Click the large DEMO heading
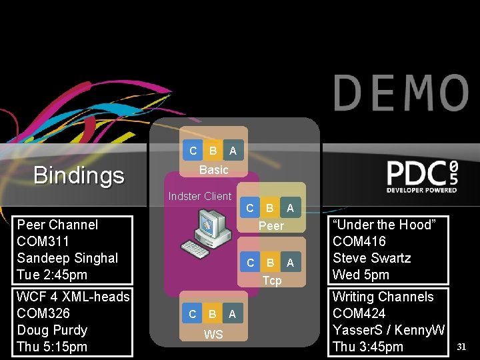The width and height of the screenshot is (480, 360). click(x=401, y=93)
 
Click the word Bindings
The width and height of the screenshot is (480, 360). click(x=79, y=175)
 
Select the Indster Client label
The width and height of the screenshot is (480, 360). click(x=199, y=196)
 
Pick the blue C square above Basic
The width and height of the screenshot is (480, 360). click(x=193, y=151)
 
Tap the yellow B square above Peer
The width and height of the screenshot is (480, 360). click(x=270, y=208)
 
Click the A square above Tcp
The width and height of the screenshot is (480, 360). click(x=290, y=263)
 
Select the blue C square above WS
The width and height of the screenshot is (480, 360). click(x=193, y=313)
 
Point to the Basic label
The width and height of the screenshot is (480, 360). click(x=213, y=170)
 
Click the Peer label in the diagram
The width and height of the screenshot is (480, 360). click(x=271, y=226)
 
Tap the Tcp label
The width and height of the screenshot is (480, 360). click(x=271, y=281)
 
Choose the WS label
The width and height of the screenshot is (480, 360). click(x=213, y=334)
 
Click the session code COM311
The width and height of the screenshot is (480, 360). click(x=43, y=241)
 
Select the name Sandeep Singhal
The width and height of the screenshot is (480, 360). click(x=67, y=258)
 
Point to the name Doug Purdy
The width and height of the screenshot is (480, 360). click(x=52, y=330)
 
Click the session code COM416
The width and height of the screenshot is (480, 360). click(x=359, y=241)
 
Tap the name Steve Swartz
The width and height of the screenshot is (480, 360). click(x=371, y=258)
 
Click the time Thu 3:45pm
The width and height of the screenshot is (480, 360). click(x=368, y=347)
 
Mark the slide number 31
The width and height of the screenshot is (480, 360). click(x=463, y=346)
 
